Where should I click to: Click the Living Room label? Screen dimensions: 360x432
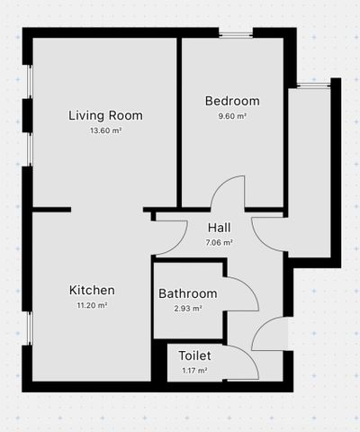coord(105,116)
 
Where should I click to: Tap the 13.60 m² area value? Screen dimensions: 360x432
coord(106,130)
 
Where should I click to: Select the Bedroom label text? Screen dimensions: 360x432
coord(232,101)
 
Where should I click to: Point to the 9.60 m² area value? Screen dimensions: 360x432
coord(232,116)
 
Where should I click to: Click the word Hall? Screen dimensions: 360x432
coord(220,228)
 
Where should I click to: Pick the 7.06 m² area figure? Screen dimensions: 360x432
coord(220,242)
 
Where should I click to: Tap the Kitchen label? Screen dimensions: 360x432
coord(92,290)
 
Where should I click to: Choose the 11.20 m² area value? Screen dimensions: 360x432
coord(93,305)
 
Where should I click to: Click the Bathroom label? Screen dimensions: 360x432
coord(188,293)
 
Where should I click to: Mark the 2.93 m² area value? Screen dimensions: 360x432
coord(188,309)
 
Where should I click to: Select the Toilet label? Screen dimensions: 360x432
coord(194,355)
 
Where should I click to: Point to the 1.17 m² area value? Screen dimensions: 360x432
coord(194,371)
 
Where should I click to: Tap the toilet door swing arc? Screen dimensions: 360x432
coord(249,355)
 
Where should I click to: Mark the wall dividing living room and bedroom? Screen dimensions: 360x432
coord(179,122)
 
